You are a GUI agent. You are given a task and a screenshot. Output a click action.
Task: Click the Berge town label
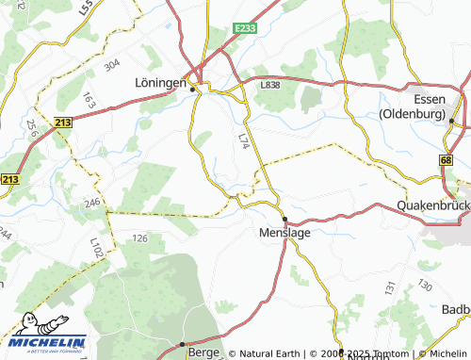[x=202, y=348]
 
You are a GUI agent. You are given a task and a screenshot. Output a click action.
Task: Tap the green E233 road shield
[x=245, y=28]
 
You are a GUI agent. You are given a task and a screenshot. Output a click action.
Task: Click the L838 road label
[x=270, y=86]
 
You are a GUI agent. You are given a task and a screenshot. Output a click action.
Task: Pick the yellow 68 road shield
[x=446, y=161]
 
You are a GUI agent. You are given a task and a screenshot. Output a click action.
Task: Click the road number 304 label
[x=113, y=64]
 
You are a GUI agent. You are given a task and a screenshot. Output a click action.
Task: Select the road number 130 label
[x=425, y=285]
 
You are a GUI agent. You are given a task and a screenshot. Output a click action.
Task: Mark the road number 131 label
[x=390, y=288]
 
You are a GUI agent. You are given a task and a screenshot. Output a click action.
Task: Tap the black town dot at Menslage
[x=284, y=219]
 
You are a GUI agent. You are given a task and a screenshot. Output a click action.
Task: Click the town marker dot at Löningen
[x=193, y=90]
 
